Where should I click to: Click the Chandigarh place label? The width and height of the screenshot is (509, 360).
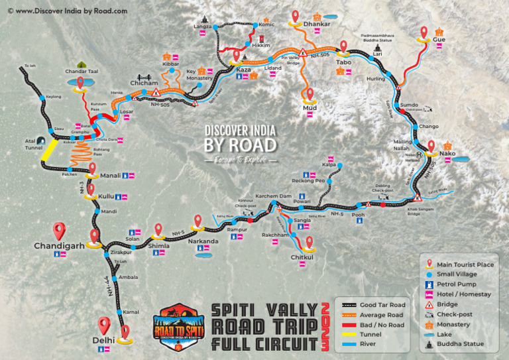point(59,245)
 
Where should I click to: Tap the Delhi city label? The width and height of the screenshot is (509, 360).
point(103,340)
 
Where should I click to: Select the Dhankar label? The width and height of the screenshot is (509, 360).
point(316,25)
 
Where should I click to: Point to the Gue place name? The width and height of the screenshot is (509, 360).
point(439,40)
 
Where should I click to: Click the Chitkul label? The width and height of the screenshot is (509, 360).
point(302,257)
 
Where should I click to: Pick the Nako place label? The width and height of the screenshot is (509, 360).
point(447,154)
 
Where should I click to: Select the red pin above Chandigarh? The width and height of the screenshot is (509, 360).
point(59,230)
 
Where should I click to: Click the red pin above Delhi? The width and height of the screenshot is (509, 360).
point(103,325)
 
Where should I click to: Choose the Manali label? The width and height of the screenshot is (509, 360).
point(110,176)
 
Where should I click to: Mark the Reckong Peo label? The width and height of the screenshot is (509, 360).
point(308,180)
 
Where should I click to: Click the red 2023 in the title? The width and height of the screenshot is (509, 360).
point(325,326)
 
